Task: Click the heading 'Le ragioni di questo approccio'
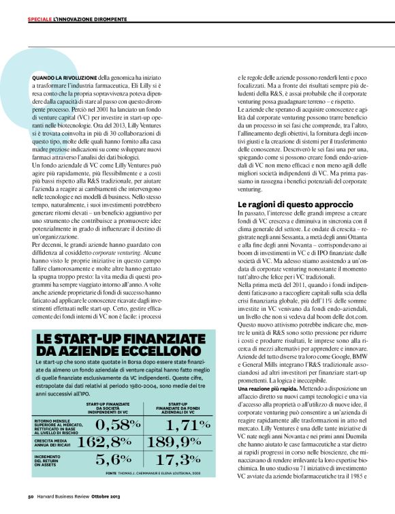[x=295, y=204]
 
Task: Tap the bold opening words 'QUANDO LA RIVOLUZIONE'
[x=64, y=79]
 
